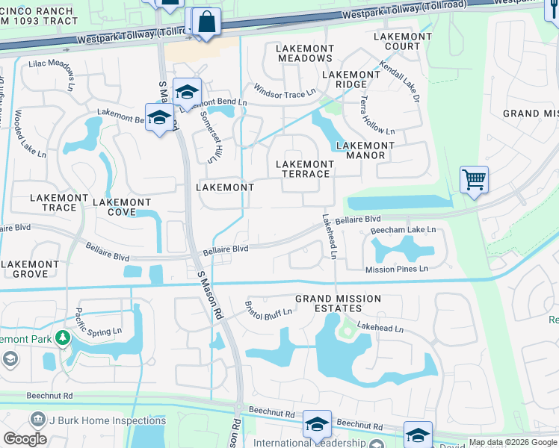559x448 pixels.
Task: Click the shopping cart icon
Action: pyautogui.click(x=474, y=180)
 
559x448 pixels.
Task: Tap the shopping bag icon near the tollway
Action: pyautogui.click(x=206, y=22)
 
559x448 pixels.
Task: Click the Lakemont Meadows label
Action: pyautogui.click(x=304, y=53)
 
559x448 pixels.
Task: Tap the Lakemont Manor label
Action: pyautogui.click(x=360, y=151)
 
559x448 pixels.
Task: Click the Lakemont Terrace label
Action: pyautogui.click(x=304, y=169)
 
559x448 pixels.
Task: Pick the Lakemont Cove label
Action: pyautogui.click(x=122, y=207)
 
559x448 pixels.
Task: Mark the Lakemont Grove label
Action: pyautogui.click(x=30, y=269)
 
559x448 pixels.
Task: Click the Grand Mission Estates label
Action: pyautogui.click(x=338, y=304)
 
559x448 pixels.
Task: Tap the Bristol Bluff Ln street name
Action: pyautogui.click(x=270, y=308)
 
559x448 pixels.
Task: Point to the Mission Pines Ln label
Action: pyautogui.click(x=396, y=269)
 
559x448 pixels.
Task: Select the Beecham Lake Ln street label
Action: pyautogui.click(x=403, y=230)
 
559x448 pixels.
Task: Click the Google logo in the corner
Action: pyautogui.click(x=25, y=439)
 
